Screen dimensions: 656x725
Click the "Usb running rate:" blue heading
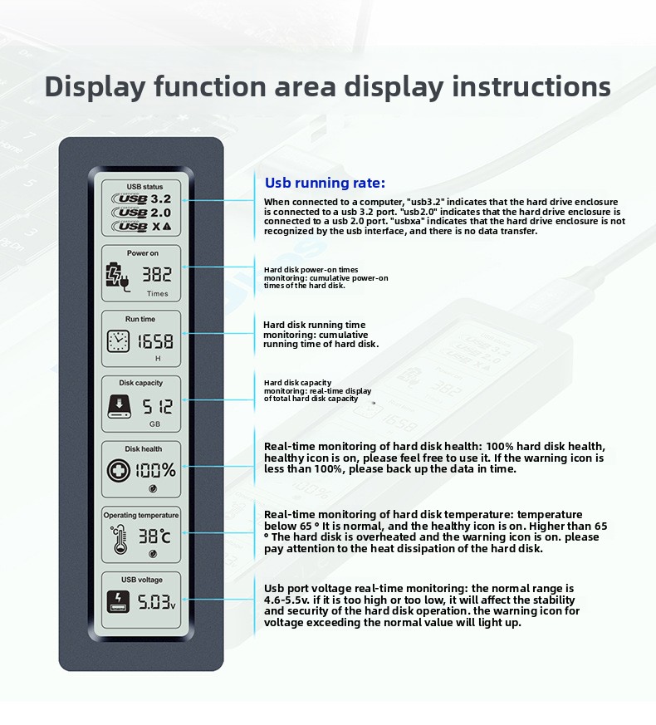[x=325, y=183]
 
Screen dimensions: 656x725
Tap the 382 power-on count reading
[x=157, y=274]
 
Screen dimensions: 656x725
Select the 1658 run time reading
[x=155, y=341]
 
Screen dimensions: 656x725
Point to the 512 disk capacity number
[x=157, y=407]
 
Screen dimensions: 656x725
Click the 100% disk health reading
[x=155, y=470]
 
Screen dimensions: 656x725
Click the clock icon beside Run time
[x=119, y=341]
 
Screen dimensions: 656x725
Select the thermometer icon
[x=120, y=540]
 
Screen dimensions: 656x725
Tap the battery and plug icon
[x=117, y=277]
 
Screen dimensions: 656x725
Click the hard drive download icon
[x=119, y=406]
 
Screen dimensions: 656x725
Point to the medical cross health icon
[x=119, y=471]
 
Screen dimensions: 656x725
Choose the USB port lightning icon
[x=119, y=602]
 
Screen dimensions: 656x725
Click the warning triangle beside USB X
[x=167, y=227]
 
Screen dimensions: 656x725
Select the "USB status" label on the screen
[x=144, y=187]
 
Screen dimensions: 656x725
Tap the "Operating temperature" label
[x=141, y=515]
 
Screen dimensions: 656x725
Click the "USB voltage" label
[x=142, y=580]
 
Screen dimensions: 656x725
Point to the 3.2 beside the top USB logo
[x=161, y=198]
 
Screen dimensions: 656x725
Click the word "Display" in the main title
[x=95, y=87]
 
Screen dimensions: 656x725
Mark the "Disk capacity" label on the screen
[x=141, y=383]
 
